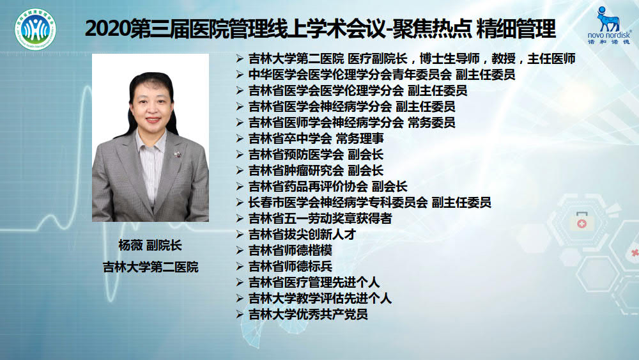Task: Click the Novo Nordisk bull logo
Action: pyautogui.click(x=608, y=19)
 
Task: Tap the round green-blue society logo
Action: pyautogui.click(x=35, y=30)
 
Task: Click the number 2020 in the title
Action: pyautogui.click(x=107, y=29)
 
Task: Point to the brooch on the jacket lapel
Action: pyautogui.click(x=177, y=154)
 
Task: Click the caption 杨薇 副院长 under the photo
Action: pyautogui.click(x=150, y=246)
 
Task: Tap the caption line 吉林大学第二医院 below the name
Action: pyautogui.click(x=150, y=267)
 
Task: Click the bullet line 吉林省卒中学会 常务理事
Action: pyautogui.click(x=316, y=139)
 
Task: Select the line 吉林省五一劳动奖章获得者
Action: pyautogui.click(x=320, y=219)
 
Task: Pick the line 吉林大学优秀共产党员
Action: pyautogui.click(x=308, y=315)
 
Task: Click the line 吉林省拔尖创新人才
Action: pyautogui.click(x=302, y=235)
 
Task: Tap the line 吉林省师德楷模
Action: pyautogui.click(x=290, y=250)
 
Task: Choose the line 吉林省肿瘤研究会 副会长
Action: pyautogui.click(x=316, y=171)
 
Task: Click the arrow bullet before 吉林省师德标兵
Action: pyautogui.click(x=240, y=267)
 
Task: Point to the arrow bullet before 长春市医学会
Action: pyautogui.click(x=240, y=203)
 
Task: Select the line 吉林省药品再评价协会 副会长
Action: pyautogui.click(x=328, y=186)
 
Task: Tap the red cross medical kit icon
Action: pyautogui.click(x=581, y=221)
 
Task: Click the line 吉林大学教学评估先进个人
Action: pyautogui.click(x=320, y=299)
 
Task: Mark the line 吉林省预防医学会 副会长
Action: pyautogui.click(x=316, y=155)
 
